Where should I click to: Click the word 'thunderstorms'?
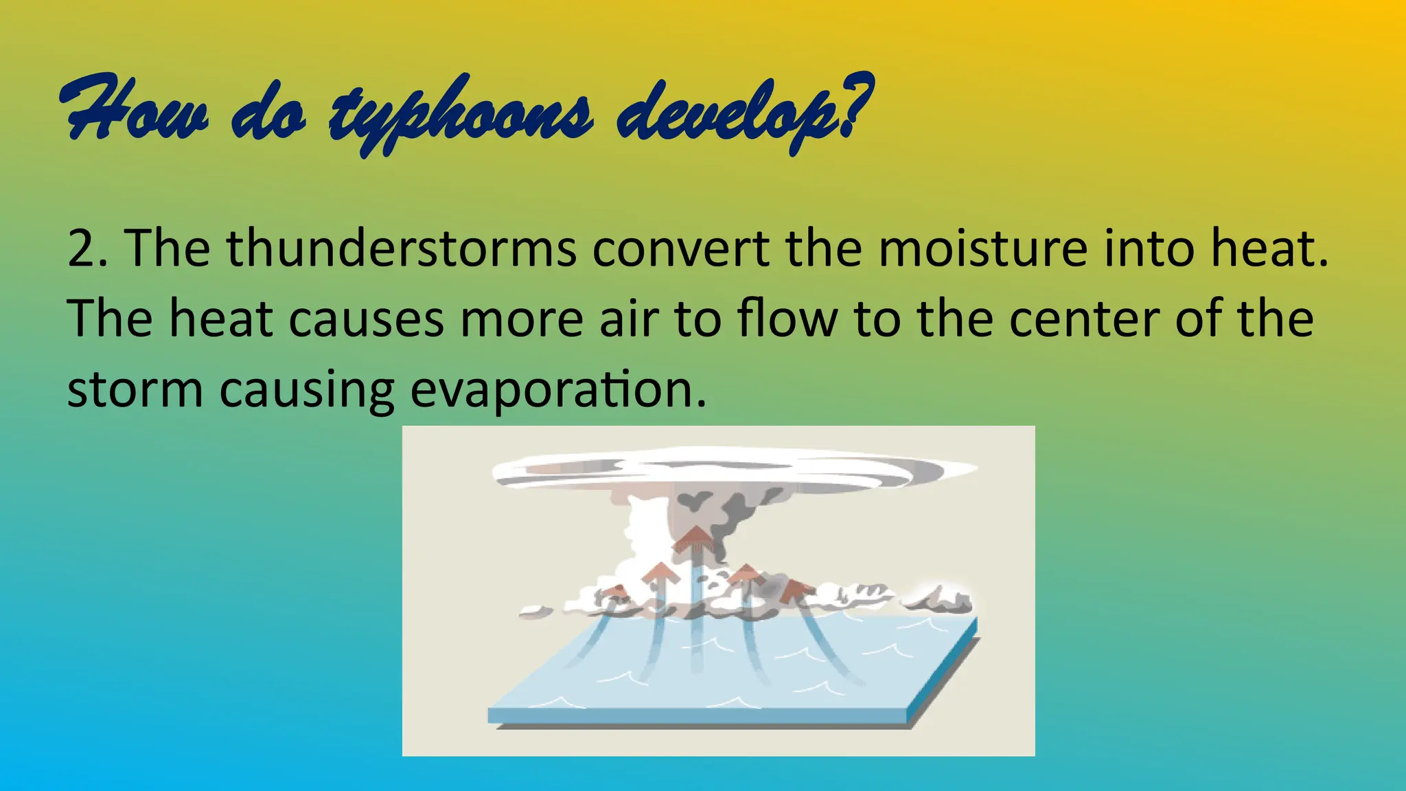pyautogui.click(x=402, y=249)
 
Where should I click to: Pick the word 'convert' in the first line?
pyautogui.click(x=680, y=249)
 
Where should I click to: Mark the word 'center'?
pyautogui.click(x=1084, y=319)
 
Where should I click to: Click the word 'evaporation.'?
pyautogui.click(x=558, y=390)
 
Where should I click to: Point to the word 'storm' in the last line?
pyautogui.click(x=135, y=390)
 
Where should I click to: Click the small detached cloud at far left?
pyautogui.click(x=534, y=610)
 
